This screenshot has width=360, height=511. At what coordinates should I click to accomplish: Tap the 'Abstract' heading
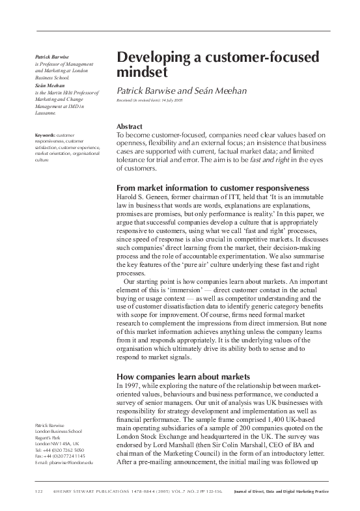tap(130, 126)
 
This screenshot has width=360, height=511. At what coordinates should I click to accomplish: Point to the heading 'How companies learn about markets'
tap(183, 376)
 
